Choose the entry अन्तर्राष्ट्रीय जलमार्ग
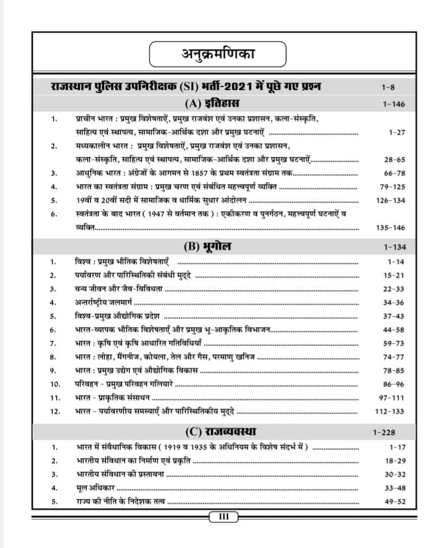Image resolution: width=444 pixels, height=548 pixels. tap(102, 302)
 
